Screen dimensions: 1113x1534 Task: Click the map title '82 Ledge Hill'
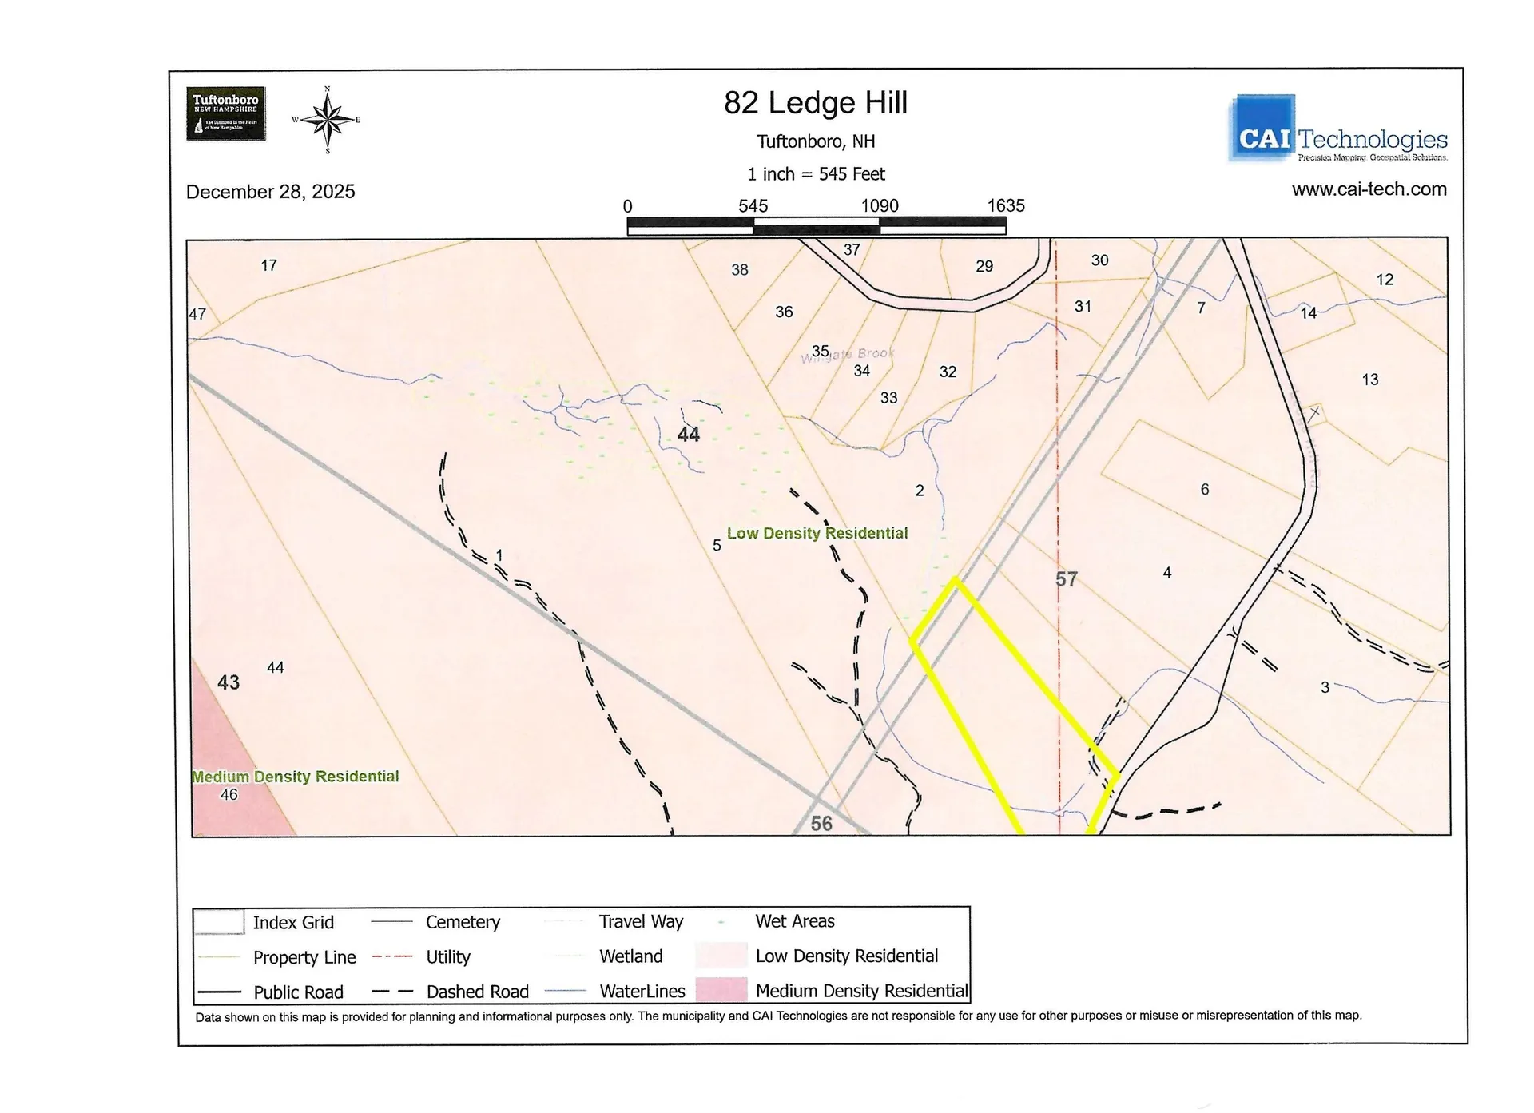point(816,103)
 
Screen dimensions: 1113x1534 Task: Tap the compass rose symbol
point(327,121)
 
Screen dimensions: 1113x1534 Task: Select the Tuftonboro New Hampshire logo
point(226,114)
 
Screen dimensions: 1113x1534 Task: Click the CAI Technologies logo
point(1338,129)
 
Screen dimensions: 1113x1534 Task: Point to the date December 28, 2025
point(270,192)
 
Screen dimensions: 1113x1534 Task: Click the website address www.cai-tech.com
point(1369,189)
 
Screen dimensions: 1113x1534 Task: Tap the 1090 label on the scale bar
point(880,205)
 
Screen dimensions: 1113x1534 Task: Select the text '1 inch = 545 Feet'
point(816,174)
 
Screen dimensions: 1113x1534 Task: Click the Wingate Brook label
point(848,354)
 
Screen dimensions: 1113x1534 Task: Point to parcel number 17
point(269,265)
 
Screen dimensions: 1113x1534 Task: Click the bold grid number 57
point(1067,579)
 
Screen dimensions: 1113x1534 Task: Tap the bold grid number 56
point(821,824)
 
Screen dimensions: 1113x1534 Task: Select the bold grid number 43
point(229,682)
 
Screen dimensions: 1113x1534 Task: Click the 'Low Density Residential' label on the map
point(817,533)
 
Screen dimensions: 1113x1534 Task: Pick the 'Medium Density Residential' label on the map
point(295,777)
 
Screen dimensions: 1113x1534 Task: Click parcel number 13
point(1370,380)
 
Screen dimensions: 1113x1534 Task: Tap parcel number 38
point(740,270)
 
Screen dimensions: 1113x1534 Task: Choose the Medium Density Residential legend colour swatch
point(721,991)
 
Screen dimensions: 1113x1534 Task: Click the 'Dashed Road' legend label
point(477,992)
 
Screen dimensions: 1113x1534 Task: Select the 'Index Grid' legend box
point(219,922)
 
